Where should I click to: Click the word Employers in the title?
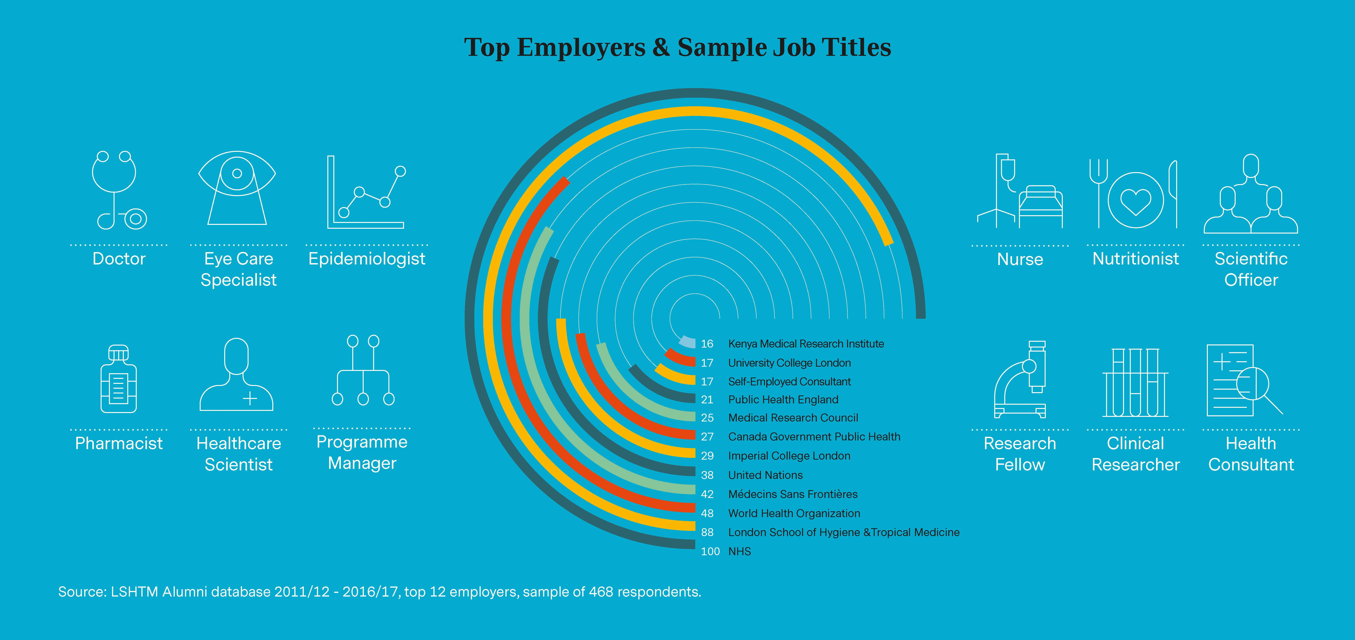[x=581, y=47]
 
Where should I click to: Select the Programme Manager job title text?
[x=362, y=453]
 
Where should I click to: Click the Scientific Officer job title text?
[x=1251, y=269]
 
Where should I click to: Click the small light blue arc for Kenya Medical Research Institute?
[x=686, y=341]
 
